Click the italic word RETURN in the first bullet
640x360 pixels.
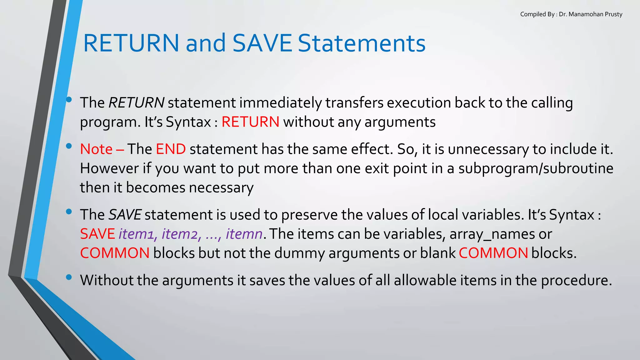click(x=136, y=103)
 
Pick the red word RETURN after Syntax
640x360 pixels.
click(x=250, y=122)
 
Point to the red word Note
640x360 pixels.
click(x=96, y=149)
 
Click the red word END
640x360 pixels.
click(x=171, y=149)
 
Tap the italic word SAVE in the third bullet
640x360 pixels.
click(x=125, y=215)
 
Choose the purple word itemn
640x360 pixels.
click(x=244, y=234)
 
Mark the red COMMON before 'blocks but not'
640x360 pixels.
click(x=115, y=253)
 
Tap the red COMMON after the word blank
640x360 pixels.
click(x=493, y=253)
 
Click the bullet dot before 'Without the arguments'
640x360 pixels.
click(x=69, y=277)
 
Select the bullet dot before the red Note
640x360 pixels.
click(x=69, y=146)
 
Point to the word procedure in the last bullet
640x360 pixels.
click(x=576, y=280)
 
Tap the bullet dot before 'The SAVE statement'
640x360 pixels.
click(x=69, y=212)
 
